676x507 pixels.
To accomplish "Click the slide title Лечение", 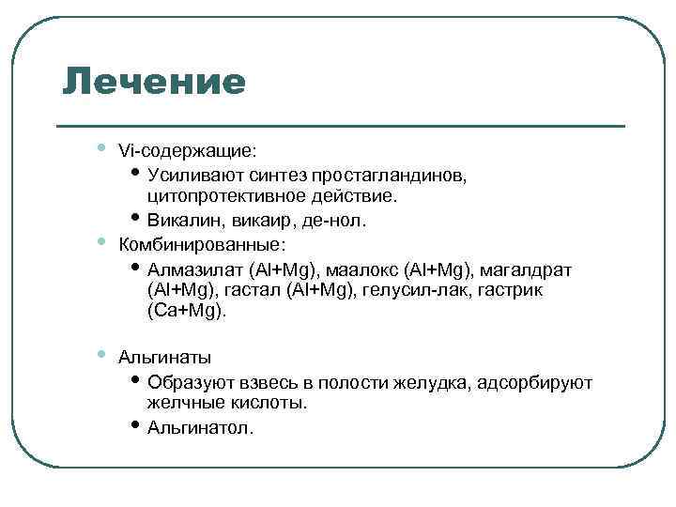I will pos(154,82).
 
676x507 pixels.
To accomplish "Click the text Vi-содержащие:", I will pos(188,151).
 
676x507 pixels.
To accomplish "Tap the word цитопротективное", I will pos(222,197).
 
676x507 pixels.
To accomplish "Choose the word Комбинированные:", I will pos(201,245).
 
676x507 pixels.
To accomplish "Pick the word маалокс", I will pos(369,269).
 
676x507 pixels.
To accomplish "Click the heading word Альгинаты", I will pos(164,358).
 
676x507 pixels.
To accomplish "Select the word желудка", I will pos(438,382).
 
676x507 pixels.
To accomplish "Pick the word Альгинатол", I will pos(200,428).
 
